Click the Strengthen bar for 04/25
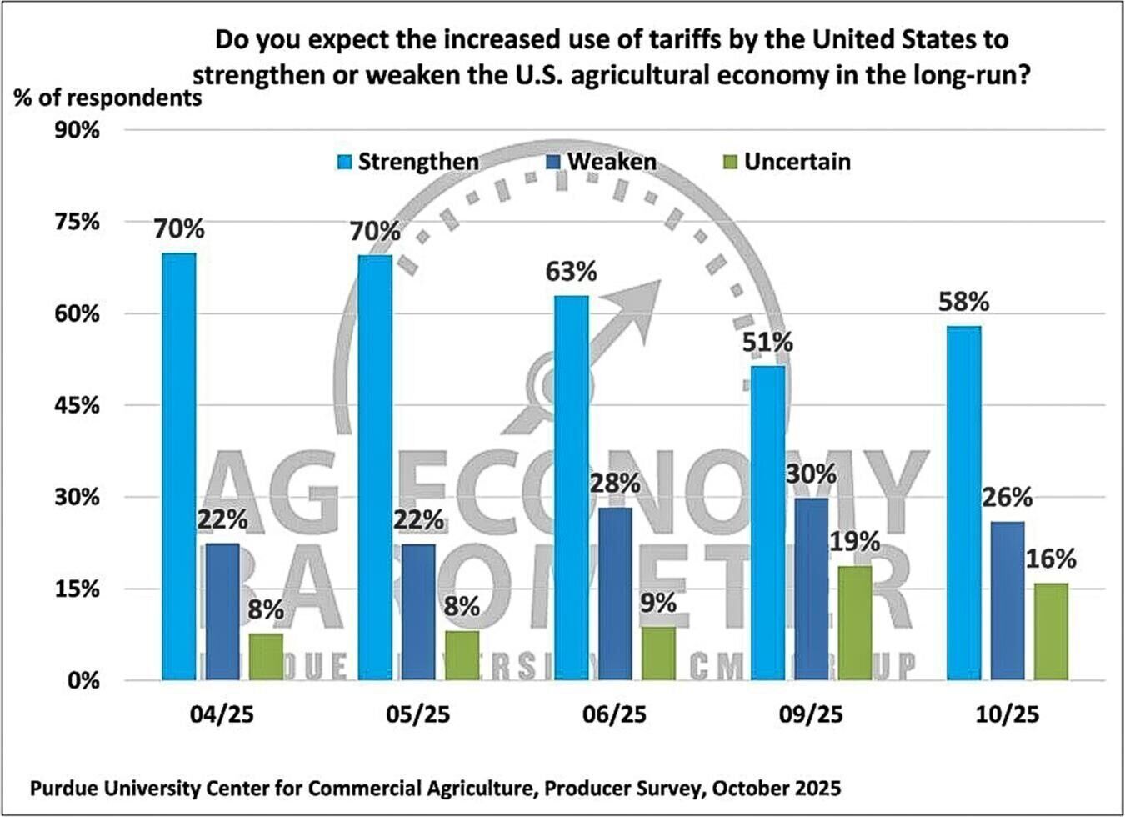coord(178,467)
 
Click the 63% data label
coord(572,272)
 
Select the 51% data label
coord(767,343)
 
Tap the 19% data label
coord(854,542)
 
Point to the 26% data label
coord(1007,499)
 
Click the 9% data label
coord(657,603)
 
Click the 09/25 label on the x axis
coord(811,715)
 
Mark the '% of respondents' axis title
coord(107,98)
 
